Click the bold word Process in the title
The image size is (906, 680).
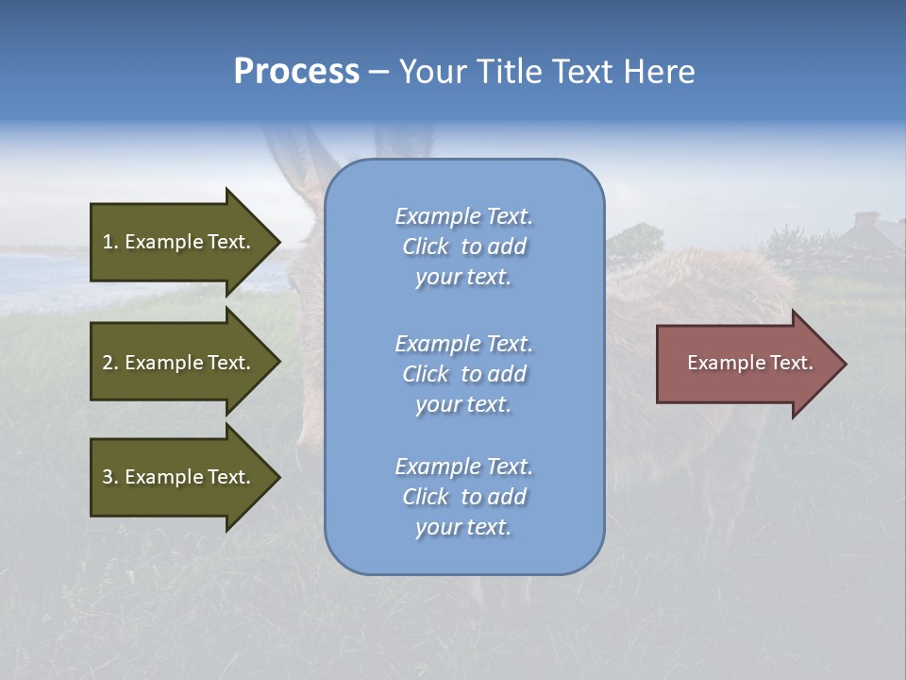(296, 72)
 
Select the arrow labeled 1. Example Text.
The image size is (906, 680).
(179, 242)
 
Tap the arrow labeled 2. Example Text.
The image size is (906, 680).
(179, 363)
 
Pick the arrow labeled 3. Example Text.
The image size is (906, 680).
(179, 477)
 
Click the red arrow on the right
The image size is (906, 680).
(746, 364)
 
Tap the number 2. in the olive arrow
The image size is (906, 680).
(110, 363)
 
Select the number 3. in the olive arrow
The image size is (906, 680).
(110, 477)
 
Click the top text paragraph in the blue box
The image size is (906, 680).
(463, 246)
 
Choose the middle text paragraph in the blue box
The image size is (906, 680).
(463, 374)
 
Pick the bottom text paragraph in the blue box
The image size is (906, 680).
(463, 497)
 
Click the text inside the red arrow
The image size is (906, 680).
(749, 363)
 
